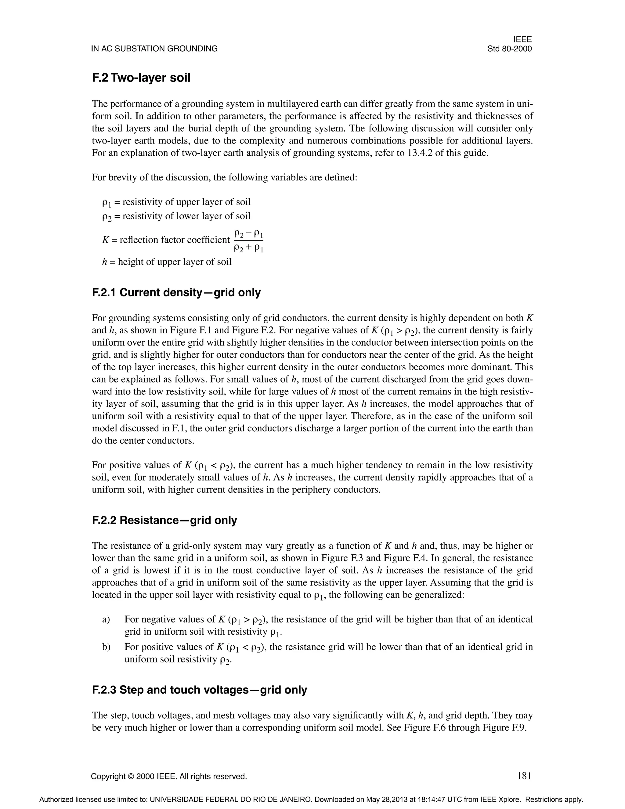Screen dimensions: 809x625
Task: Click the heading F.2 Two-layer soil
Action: [141, 78]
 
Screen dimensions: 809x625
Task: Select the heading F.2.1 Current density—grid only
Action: [176, 293]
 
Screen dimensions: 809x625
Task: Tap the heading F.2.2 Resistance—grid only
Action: [164, 521]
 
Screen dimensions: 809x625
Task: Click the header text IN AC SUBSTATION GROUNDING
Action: [154, 49]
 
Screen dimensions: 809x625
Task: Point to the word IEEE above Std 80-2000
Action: [522, 40]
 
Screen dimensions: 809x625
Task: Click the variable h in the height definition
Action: [104, 262]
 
